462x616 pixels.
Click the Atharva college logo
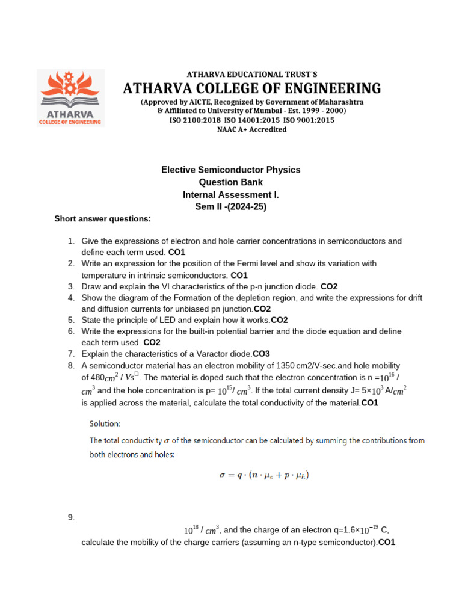pos(70,97)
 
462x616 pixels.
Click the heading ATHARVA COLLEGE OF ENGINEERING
pos(251,88)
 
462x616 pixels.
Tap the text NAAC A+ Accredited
pos(251,129)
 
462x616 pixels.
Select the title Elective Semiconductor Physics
pos(230,170)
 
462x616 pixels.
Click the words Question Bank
pos(230,182)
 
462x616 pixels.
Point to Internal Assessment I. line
pos(230,195)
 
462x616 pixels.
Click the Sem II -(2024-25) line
pos(230,207)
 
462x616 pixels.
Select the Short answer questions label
pos(103,218)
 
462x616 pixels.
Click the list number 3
pos(70,286)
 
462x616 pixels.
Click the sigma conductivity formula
pos(265,475)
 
